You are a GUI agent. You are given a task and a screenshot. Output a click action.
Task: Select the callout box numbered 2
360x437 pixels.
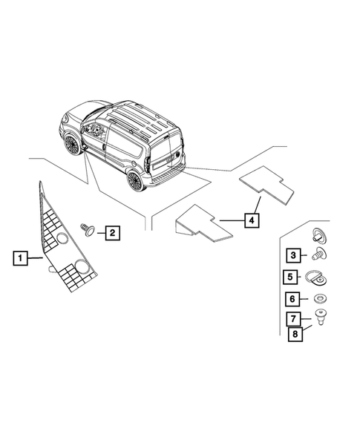coord(112,234)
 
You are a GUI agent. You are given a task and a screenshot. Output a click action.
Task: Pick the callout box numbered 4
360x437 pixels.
coord(252,220)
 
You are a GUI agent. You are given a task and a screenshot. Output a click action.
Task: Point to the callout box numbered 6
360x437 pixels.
coord(293,300)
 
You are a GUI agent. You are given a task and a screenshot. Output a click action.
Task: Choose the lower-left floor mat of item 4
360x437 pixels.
coord(200,224)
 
